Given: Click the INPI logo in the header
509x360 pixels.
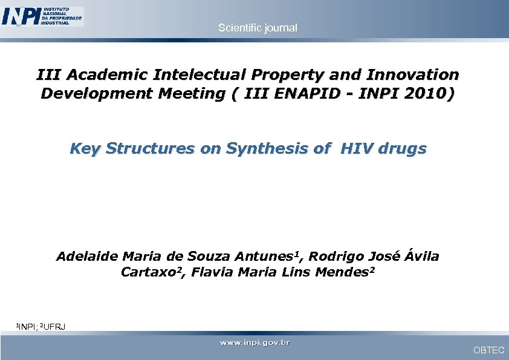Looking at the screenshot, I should click(42, 16).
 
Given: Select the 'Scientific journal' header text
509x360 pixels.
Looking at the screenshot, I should click(258, 28).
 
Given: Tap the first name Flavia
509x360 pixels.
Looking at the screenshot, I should click(213, 272).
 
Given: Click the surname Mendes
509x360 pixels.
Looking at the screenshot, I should click(341, 272).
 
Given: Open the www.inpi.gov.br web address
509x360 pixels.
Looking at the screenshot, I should click(254, 343).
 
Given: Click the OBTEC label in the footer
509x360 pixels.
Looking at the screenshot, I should click(488, 350).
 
